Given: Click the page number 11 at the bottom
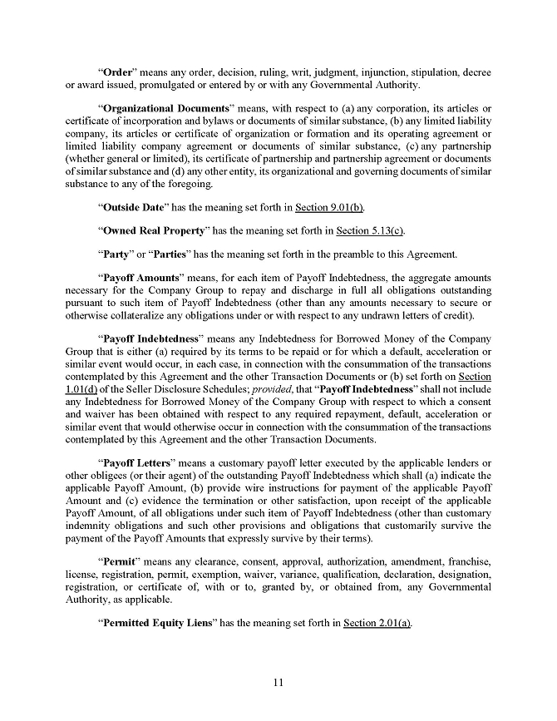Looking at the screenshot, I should pyautogui.click(x=278, y=683).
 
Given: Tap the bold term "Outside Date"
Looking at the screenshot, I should pyautogui.click(x=135, y=207).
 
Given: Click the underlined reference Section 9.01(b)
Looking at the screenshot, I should pyautogui.click(x=331, y=207).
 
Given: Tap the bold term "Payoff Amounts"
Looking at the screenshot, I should pyautogui.click(x=140, y=277).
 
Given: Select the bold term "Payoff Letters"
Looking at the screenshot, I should pyautogui.click(x=136, y=463).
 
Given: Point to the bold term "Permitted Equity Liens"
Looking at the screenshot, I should pyautogui.click(x=163, y=624).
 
